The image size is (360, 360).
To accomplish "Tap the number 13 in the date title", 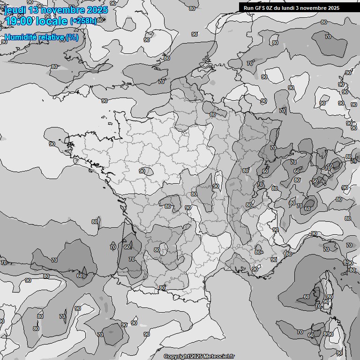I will pos(34,10).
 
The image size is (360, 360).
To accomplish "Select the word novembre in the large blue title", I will pos(64,10).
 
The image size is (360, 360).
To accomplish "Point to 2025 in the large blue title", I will pos(97,10).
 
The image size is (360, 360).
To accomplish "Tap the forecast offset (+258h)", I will pos(83,21).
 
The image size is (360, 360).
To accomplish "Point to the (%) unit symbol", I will pos(72,37).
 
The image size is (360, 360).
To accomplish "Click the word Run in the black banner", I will pos(248,8).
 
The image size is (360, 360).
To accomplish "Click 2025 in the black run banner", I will pos(333,8).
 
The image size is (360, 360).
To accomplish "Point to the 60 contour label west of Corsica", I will pos(307,297).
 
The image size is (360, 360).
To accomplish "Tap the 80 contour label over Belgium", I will pos(213,114).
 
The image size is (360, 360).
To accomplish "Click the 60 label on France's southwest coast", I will pos(127,247).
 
